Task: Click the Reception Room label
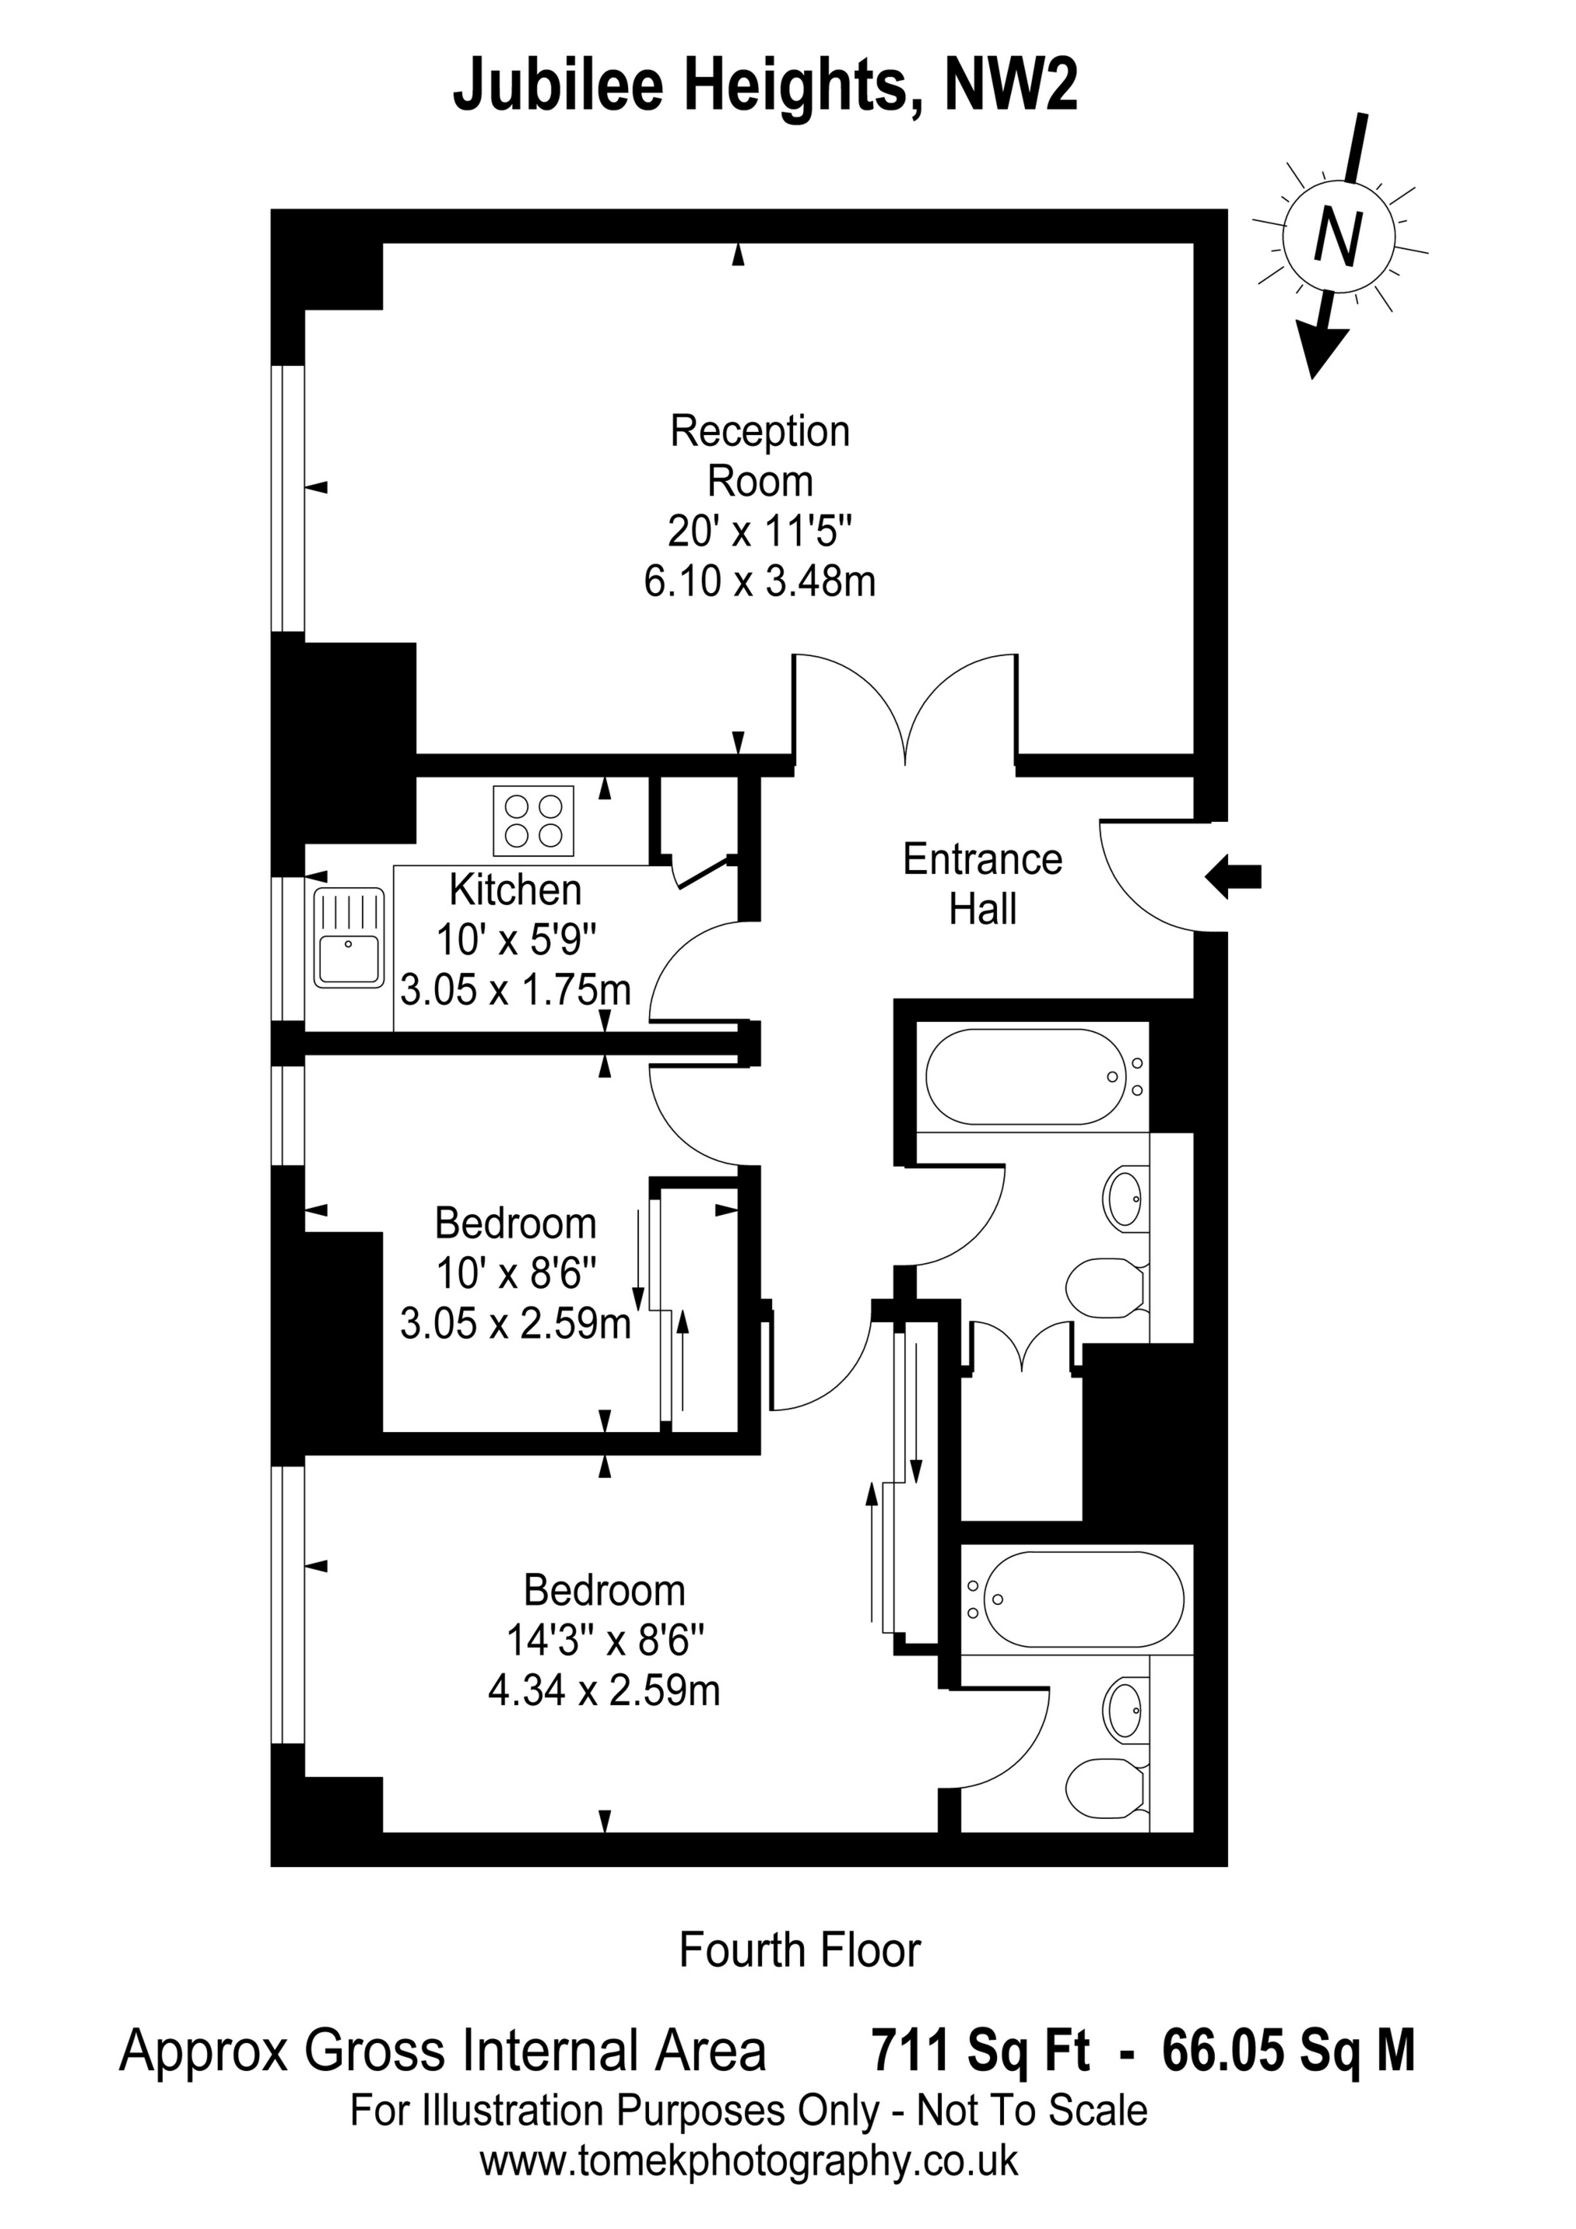[760, 456]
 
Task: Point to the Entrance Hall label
[983, 884]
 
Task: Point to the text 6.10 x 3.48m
[760, 581]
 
